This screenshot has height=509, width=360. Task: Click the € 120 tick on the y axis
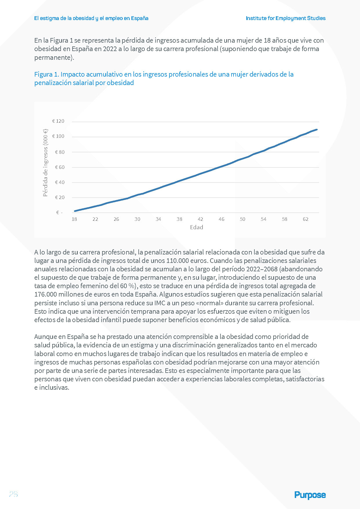point(58,121)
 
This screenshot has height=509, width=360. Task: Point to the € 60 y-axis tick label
point(60,167)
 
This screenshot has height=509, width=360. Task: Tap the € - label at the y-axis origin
point(59,213)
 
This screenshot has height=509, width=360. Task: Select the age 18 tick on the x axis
point(74,219)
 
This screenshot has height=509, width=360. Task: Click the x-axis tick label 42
point(200,219)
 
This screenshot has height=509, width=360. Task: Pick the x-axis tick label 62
point(305,219)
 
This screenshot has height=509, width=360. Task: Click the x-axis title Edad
point(196,227)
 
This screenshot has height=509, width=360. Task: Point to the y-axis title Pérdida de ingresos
point(45,163)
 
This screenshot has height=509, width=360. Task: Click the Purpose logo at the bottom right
point(310,495)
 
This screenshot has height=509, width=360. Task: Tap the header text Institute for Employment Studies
point(285,18)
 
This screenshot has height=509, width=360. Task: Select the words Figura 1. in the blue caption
point(46,74)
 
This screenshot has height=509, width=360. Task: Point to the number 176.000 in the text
point(45,294)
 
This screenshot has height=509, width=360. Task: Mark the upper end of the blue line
point(316,129)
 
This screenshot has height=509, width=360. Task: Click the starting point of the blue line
point(75,211)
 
